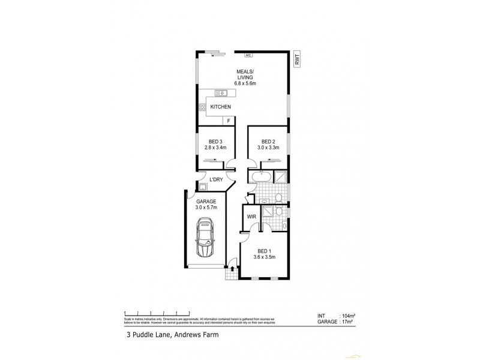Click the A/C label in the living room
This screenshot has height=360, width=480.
247,55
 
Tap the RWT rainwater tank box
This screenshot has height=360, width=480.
297,58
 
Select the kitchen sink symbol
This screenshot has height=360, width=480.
221,92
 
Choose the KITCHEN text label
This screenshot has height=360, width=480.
221,107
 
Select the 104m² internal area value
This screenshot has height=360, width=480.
349,315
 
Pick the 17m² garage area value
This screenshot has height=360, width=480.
347,321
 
